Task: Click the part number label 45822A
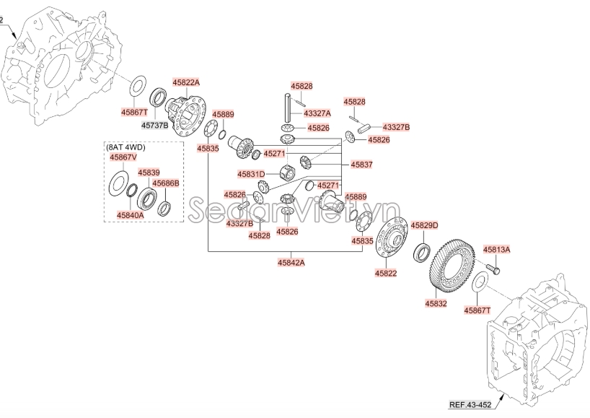[185, 83]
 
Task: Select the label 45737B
[154, 125]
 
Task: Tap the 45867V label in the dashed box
[121, 157]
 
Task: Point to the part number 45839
[149, 173]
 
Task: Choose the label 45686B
[165, 183]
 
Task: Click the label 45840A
[130, 214]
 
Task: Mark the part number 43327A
[317, 113]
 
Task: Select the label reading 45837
[362, 165]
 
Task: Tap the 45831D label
[252, 174]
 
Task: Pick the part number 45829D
[424, 225]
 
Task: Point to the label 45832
[436, 304]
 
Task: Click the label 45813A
[496, 249]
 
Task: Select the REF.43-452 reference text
[470, 404]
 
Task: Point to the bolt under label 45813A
[495, 269]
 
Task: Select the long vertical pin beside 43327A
[289, 109]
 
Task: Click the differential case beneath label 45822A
[186, 113]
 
